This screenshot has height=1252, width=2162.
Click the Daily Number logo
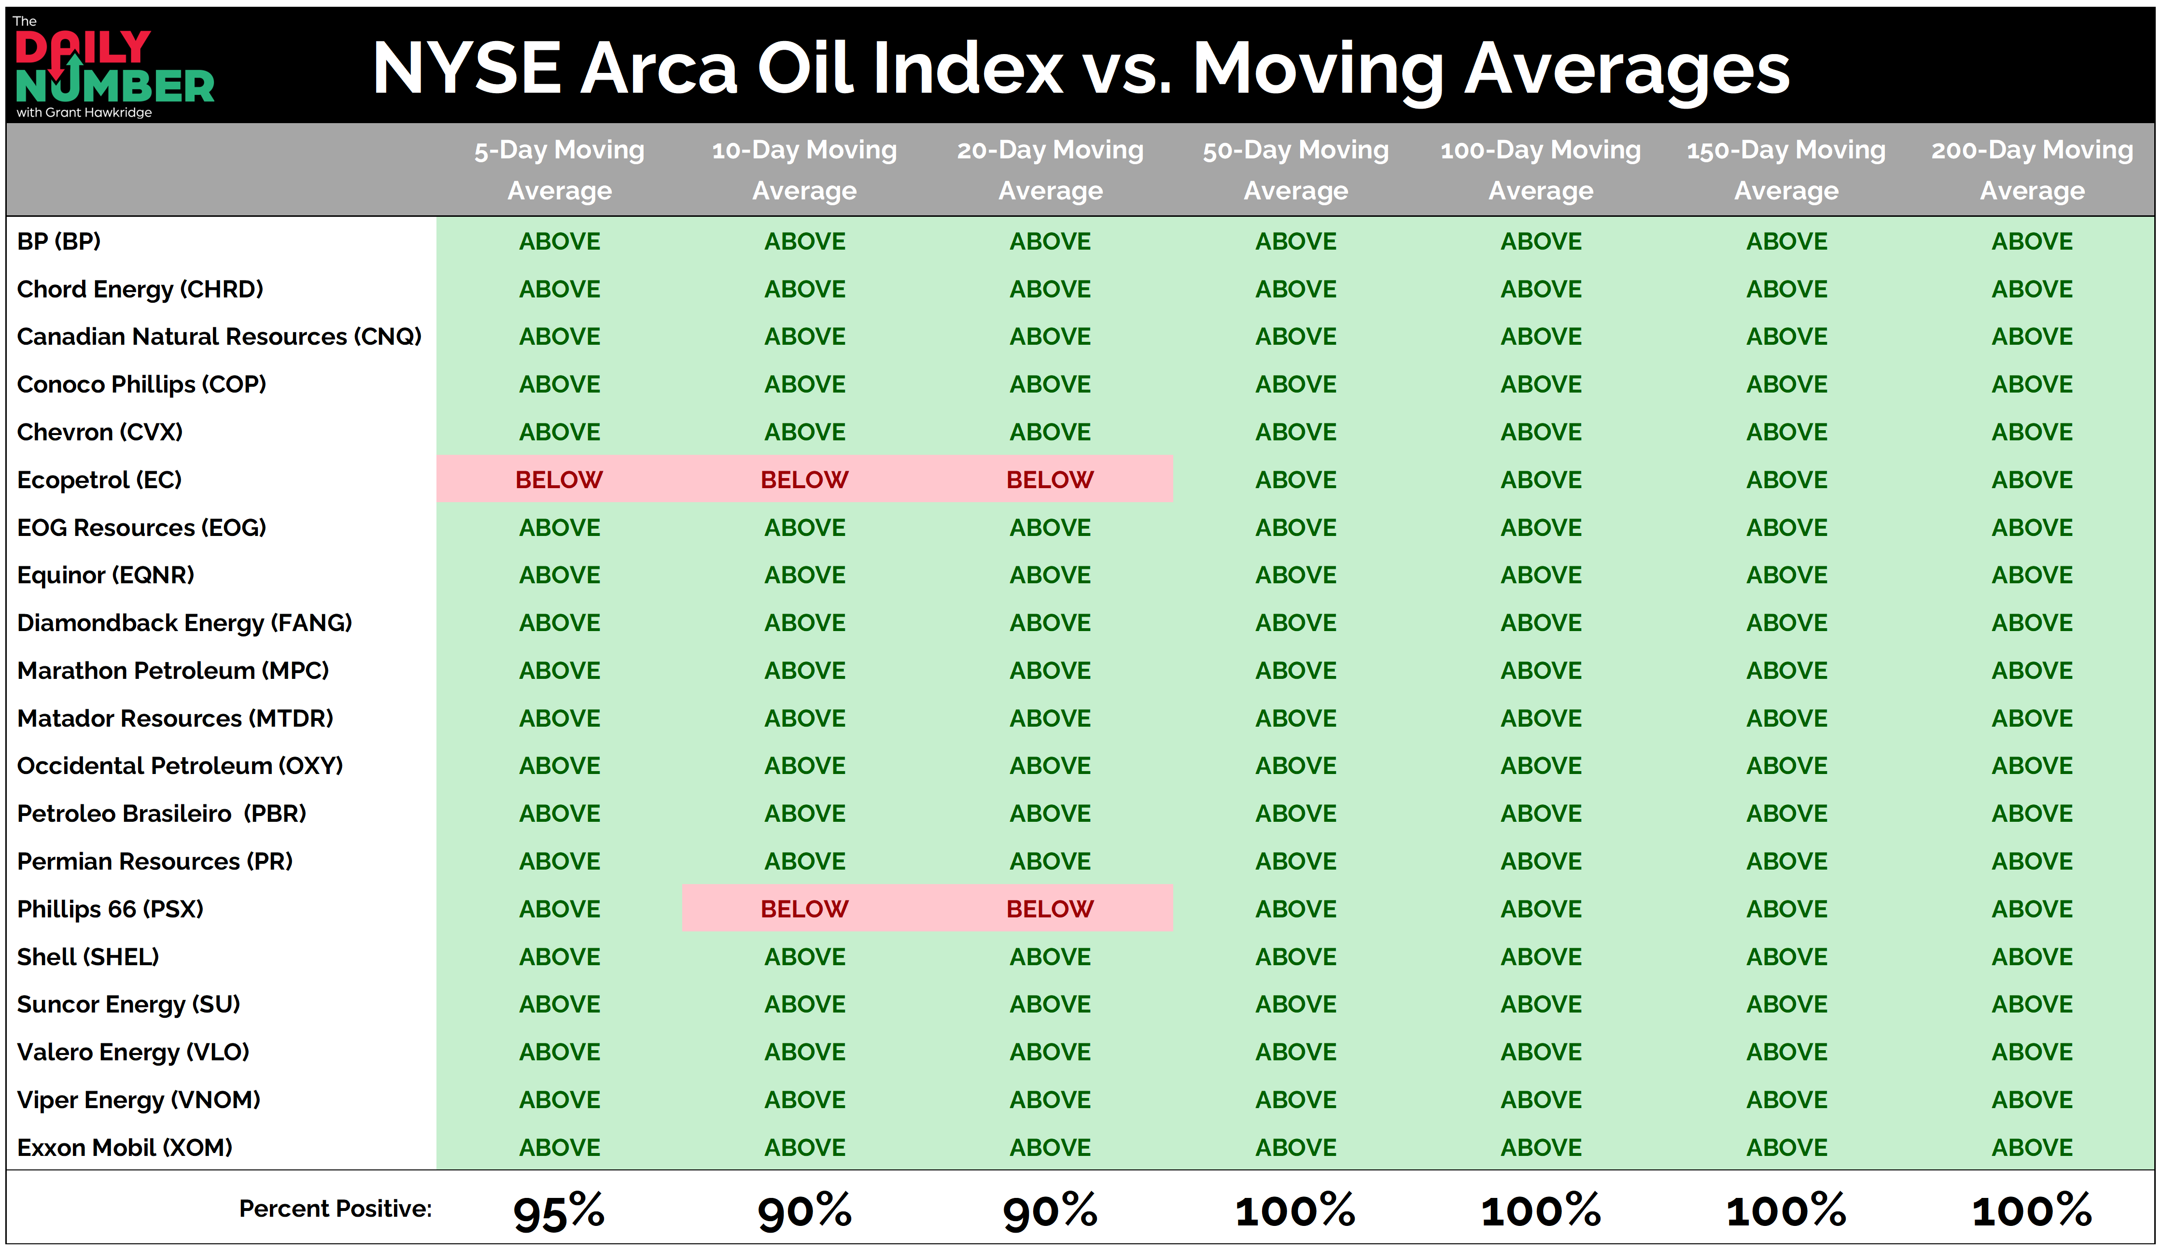[114, 67]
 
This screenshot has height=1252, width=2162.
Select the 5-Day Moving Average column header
[560, 170]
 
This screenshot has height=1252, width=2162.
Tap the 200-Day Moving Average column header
[2032, 170]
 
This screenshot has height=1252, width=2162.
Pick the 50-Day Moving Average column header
[1295, 170]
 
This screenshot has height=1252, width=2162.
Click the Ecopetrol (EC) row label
[99, 479]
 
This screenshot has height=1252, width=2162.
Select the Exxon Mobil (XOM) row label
[125, 1147]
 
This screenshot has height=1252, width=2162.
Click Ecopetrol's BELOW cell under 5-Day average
[560, 479]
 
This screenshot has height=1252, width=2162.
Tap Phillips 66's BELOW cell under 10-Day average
[805, 909]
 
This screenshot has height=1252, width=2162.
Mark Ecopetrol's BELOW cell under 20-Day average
[1050, 479]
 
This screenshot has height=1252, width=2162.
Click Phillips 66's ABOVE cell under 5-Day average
[560, 909]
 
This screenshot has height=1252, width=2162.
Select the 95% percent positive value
[560, 1211]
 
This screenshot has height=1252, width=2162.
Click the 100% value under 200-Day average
[2032, 1211]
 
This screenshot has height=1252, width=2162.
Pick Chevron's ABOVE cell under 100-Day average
[1541, 432]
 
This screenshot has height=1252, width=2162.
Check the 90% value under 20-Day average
[1050, 1211]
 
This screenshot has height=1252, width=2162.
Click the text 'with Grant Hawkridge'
[84, 113]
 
